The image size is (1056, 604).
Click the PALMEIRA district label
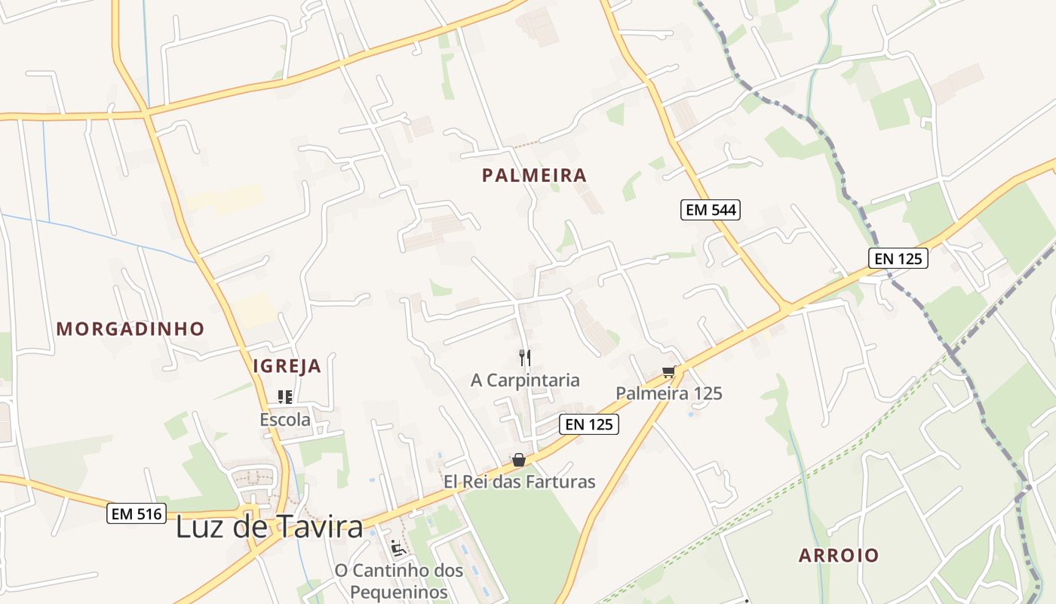(534, 176)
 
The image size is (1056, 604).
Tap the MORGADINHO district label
(130, 329)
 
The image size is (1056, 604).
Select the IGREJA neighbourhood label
(287, 367)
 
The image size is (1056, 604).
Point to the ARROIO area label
(839, 556)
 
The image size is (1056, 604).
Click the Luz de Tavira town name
(269, 527)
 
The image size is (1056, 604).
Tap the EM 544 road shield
(711, 210)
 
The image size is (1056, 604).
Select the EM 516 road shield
(137, 514)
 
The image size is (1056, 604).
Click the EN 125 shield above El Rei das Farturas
(589, 424)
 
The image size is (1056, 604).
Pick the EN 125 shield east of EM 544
(898, 258)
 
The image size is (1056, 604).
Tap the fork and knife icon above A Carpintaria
(525, 357)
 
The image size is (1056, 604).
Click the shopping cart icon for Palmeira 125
(668, 371)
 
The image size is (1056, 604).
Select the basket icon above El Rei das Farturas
(518, 460)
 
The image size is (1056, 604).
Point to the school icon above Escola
(285, 397)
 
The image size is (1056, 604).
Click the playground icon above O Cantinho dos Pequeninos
(398, 547)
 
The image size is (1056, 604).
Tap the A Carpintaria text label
(525, 380)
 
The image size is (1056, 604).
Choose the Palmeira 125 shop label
(669, 393)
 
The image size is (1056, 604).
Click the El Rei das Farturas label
(519, 482)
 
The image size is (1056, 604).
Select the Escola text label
(285, 420)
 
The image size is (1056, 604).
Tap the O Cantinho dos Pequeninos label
(399, 581)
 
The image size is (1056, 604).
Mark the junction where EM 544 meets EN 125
(786, 308)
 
